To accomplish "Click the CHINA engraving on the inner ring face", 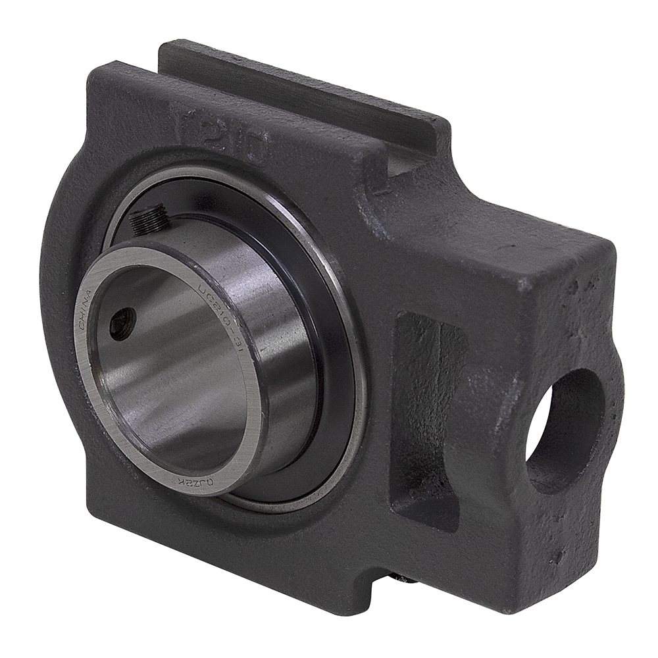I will click(84, 315).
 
